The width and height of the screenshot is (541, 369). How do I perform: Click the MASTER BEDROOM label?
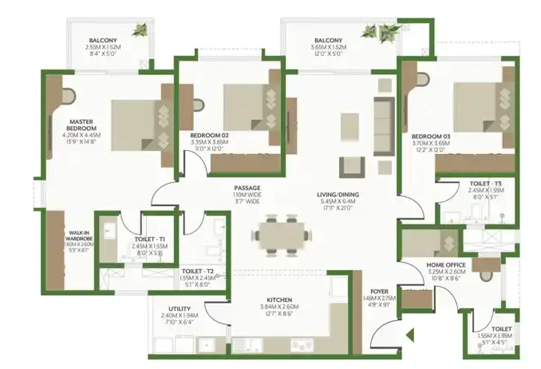click(x=81, y=125)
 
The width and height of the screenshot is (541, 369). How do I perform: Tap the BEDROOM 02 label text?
click(x=209, y=135)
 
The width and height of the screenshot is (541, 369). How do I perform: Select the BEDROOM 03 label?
click(x=430, y=137)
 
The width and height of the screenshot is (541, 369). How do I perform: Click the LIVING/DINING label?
click(x=338, y=194)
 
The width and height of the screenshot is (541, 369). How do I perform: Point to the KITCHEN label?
click(x=279, y=300)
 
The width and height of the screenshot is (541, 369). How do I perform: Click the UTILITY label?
click(x=179, y=309)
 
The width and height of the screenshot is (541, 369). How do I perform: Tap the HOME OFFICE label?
click(x=446, y=265)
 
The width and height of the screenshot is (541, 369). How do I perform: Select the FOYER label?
click(x=379, y=292)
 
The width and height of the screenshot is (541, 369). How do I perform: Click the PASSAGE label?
click(x=247, y=188)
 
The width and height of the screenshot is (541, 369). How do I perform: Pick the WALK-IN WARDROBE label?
click(x=81, y=236)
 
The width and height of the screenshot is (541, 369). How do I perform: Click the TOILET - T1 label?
click(x=150, y=239)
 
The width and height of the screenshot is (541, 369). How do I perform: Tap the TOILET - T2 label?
click(x=197, y=271)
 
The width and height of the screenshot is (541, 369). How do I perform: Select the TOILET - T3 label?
click(x=486, y=184)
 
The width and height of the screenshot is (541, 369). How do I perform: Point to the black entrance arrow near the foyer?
click(x=410, y=335)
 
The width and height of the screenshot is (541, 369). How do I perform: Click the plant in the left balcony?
click(x=140, y=29)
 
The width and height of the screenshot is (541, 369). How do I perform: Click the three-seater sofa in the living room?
click(x=383, y=126)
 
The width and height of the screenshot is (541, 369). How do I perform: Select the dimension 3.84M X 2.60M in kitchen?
click(x=279, y=307)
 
